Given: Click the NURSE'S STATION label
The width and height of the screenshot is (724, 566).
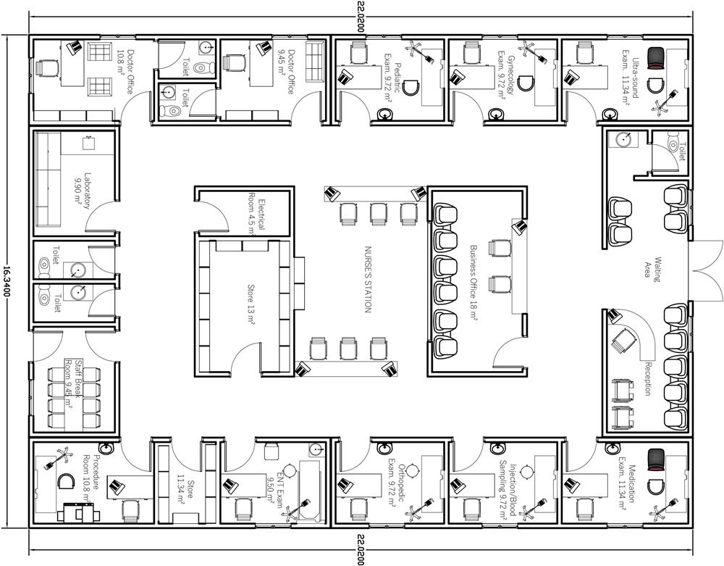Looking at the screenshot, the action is pos(368,279).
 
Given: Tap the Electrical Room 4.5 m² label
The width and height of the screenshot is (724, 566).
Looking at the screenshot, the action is pos(257,214).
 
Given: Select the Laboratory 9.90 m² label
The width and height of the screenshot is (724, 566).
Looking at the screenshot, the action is pos(83,191).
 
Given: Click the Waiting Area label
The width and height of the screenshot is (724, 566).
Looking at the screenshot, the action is pos(653,270).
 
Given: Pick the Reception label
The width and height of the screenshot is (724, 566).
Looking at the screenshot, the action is pos(647,379).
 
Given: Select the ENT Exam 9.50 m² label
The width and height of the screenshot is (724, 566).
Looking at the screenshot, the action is pos(275,489).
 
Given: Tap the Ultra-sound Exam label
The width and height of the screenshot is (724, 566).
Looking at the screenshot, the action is pos(631,78).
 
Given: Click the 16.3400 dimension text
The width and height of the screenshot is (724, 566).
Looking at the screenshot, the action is pos(6,282).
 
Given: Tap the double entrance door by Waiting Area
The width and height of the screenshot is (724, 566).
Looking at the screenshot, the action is pos(705,270).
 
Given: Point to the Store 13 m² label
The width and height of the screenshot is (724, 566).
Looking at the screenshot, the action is pos(251,305).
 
